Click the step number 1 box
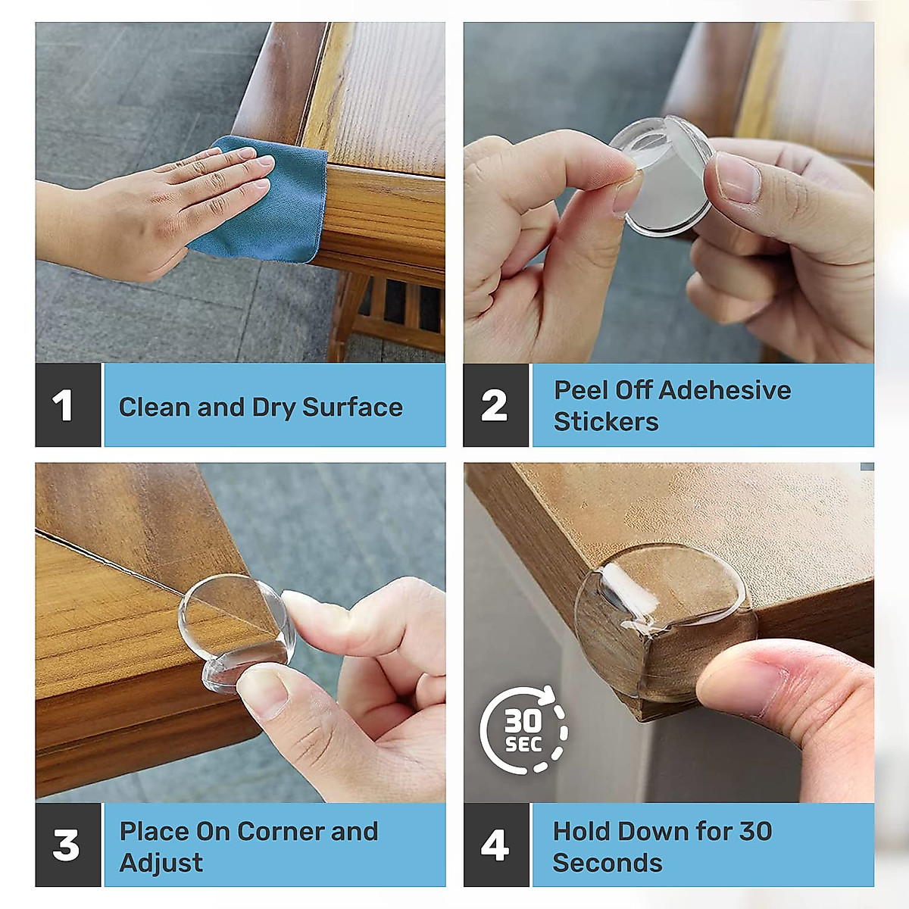[67, 405]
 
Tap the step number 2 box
[495, 405]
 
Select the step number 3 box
[67, 845]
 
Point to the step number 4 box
[495, 845]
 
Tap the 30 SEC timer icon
[523, 730]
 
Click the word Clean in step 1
[155, 408]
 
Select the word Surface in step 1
[352, 408]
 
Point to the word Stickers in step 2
[606, 422]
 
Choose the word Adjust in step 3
[161, 863]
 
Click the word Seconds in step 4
[608, 863]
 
